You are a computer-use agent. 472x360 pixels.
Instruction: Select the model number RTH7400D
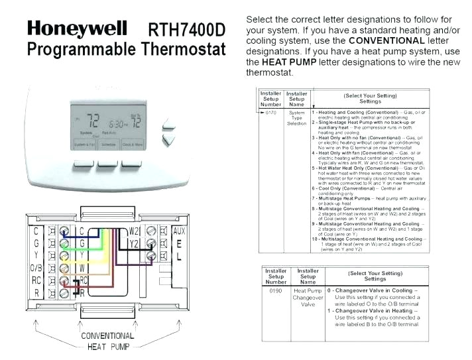point(188,29)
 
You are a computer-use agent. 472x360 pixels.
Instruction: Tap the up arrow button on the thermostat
point(170,124)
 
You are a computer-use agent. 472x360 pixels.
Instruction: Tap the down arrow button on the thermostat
point(170,140)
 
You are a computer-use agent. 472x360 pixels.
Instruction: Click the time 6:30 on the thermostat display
point(118,124)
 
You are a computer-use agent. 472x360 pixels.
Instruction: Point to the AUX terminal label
point(178,231)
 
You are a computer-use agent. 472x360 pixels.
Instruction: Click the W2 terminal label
point(134,231)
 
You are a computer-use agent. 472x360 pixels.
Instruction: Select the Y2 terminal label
point(134,243)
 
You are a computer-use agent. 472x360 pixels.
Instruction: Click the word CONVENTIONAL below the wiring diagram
point(107,336)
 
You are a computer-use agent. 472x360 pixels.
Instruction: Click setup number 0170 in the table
point(270,113)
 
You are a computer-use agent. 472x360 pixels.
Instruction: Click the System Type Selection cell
point(296,118)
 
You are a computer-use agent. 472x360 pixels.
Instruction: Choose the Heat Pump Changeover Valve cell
point(308,298)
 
